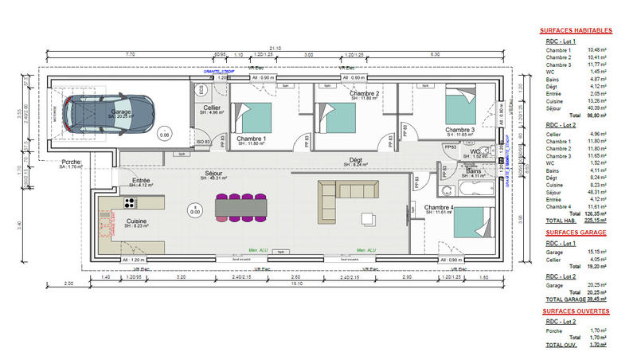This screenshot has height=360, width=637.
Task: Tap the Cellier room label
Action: pyautogui.click(x=211, y=108)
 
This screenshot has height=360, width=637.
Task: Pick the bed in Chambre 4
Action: pyautogui.click(x=471, y=224)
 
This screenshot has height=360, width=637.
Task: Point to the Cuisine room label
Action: pyautogui.click(x=137, y=221)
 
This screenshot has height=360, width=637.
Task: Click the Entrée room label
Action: pyautogui.click(x=141, y=181)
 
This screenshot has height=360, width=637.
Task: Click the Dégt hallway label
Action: pyautogui.click(x=355, y=159)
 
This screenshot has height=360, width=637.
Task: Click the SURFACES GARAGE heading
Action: pyautogui.click(x=575, y=233)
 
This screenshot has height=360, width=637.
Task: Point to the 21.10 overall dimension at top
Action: pyautogui.click(x=275, y=47)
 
